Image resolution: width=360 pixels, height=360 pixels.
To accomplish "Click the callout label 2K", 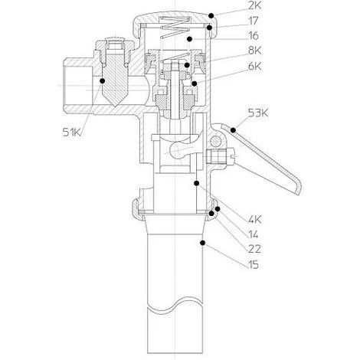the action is click(x=254, y=5).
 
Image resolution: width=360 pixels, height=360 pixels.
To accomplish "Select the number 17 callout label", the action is click(x=254, y=21).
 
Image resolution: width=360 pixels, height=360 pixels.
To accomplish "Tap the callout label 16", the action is click(x=254, y=36).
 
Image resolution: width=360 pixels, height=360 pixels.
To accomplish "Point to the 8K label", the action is click(x=254, y=51).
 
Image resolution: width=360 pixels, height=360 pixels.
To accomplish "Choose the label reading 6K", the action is click(x=254, y=67).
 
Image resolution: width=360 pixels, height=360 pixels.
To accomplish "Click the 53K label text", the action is click(x=258, y=113).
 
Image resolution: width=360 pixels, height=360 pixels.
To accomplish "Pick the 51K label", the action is click(x=72, y=132).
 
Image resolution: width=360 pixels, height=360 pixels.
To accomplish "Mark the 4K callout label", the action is click(x=254, y=219).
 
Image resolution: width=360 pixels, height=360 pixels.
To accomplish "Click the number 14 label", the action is click(x=254, y=234).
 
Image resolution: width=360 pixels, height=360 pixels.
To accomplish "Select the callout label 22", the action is click(x=254, y=249).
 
